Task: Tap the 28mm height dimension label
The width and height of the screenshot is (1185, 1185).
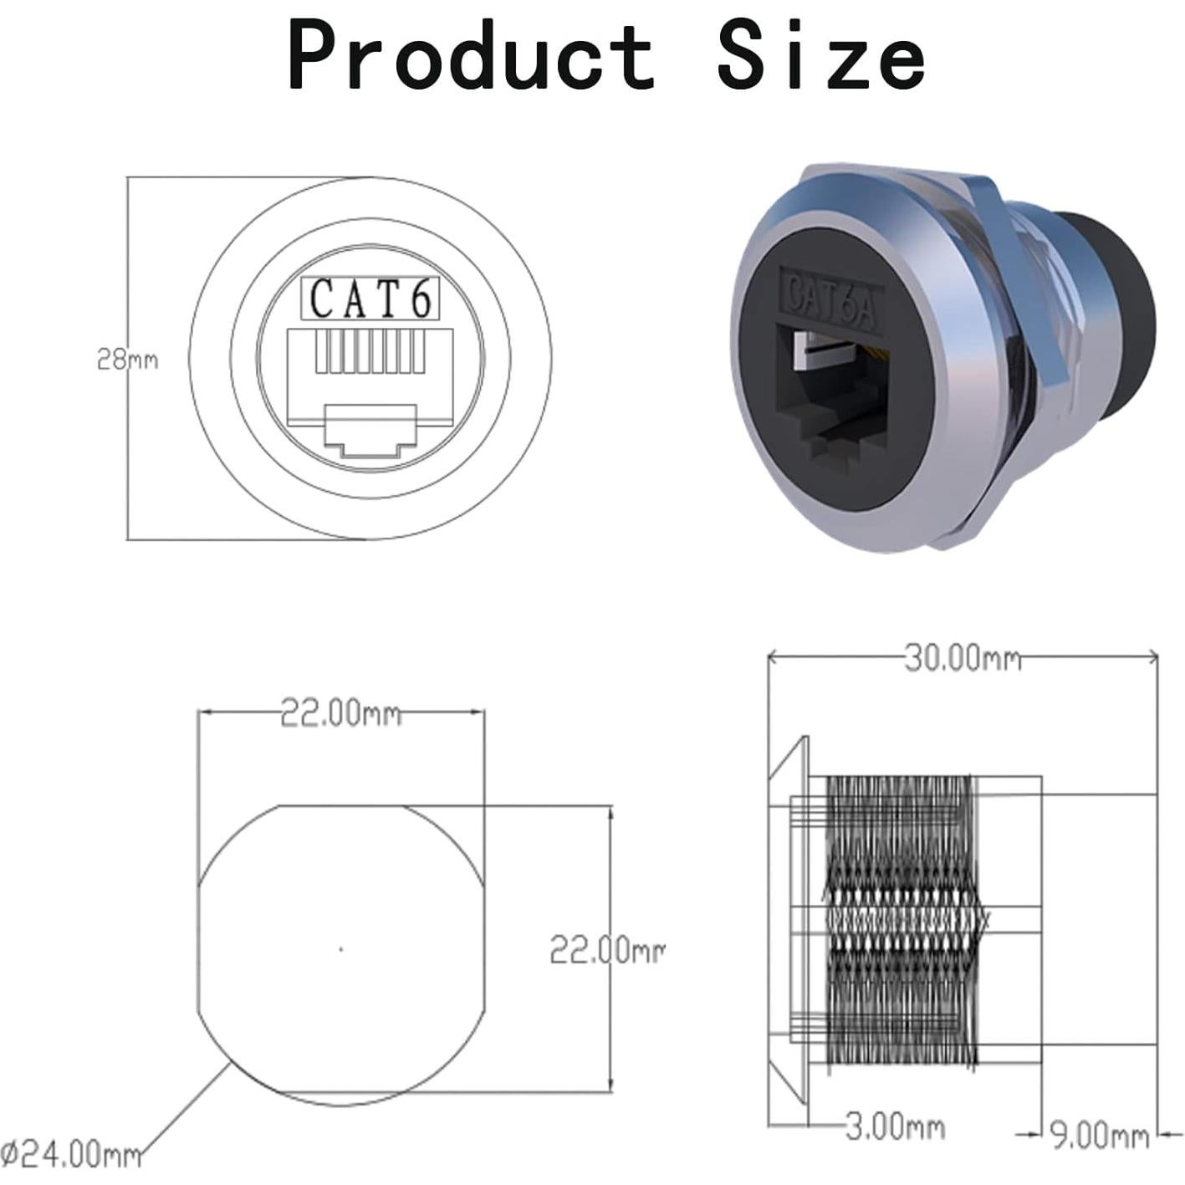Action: (127, 360)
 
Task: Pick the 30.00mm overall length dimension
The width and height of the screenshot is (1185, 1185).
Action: (962, 658)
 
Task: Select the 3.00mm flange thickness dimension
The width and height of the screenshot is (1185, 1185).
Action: (893, 1126)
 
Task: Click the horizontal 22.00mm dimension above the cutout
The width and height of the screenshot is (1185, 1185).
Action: (340, 713)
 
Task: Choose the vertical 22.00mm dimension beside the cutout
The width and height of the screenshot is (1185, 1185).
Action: (606, 950)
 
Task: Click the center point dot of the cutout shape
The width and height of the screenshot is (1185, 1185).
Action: (340, 948)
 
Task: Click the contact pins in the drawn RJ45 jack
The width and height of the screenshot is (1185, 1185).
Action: (370, 353)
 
